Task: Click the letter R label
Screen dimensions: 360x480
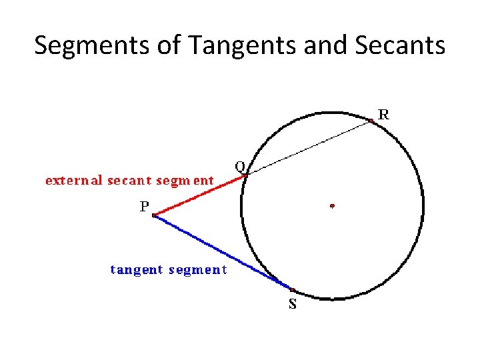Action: coord(384,115)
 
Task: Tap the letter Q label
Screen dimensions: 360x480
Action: coord(239,165)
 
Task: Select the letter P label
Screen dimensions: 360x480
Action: coord(144,207)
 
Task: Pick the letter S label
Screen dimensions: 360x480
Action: coord(293,306)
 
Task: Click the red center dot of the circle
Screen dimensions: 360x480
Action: coord(332,206)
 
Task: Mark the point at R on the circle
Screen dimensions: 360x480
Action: coord(371,121)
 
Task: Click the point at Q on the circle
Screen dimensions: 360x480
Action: coord(245,175)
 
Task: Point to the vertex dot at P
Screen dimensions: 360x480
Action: coord(154,215)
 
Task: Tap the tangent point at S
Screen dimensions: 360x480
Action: coord(293,290)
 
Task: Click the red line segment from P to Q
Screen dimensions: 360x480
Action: coord(200,195)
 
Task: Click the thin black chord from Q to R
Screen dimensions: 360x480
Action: coord(308,147)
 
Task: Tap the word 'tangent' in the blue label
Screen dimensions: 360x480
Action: coord(137,270)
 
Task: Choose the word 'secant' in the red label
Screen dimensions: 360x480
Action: coord(131,181)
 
